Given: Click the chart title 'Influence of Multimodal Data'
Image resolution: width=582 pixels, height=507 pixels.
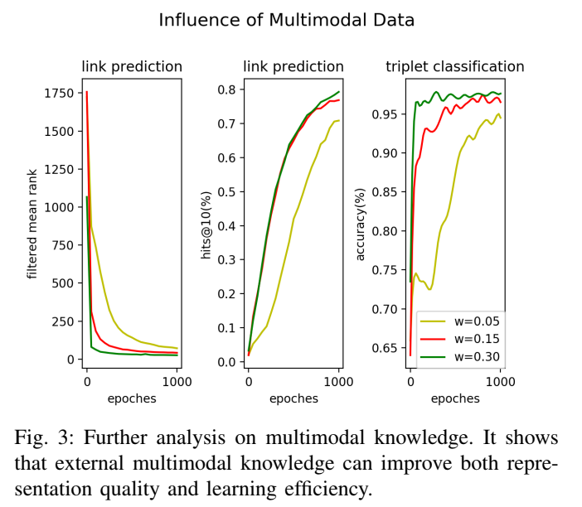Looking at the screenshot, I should coord(287,19).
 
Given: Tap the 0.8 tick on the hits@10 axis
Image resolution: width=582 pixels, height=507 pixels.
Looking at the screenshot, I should coord(227,89).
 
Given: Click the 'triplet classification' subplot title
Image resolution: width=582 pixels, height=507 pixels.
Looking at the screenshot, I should coord(454,67).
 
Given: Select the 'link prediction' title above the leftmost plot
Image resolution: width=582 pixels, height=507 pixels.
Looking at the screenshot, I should coord(131,67).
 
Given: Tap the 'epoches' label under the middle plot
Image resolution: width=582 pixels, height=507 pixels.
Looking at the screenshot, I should coord(293,398).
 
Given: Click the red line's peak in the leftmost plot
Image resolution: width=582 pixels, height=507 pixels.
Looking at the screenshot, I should coord(86,92).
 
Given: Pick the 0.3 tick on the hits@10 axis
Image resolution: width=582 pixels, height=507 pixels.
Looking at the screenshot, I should coord(227,260).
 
